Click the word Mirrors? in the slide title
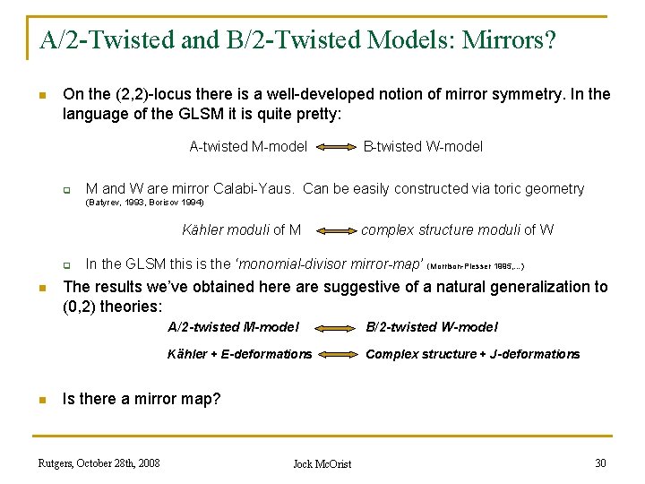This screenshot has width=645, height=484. coord(509,39)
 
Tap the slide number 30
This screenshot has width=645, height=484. coord(600,462)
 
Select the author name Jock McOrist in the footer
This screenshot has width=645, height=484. coord(322,463)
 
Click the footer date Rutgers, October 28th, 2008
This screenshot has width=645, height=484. coord(99,462)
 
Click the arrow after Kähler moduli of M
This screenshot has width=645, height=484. coord(331,230)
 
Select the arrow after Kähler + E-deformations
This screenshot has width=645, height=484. coord(338,354)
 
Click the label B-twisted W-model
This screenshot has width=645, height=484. coord(422,146)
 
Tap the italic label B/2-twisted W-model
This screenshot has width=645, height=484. coord(432,327)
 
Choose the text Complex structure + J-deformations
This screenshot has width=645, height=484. coord(472,354)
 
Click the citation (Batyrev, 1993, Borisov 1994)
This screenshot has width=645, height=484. coord(144,203)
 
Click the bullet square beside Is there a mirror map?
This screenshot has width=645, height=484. coord(41,399)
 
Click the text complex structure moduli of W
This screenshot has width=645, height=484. coord(457,229)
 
